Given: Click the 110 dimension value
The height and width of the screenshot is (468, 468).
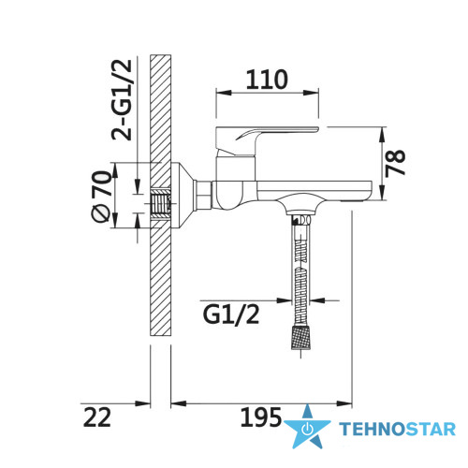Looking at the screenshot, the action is click(267, 80).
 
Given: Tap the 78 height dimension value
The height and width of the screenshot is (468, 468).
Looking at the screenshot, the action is click(395, 164).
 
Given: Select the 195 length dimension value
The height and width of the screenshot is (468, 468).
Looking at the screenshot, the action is click(261, 417).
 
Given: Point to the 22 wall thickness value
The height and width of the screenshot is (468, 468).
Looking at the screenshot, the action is click(97, 417).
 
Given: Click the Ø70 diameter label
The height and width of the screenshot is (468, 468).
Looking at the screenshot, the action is click(102, 196).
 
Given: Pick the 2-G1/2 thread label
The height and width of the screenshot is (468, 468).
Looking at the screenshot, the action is click(122, 100).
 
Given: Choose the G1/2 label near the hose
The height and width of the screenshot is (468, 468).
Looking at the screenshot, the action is click(231, 315).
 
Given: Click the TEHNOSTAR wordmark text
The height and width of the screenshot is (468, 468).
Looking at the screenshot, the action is click(397, 429).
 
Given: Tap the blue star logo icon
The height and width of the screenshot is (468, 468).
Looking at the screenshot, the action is click(307, 427).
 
